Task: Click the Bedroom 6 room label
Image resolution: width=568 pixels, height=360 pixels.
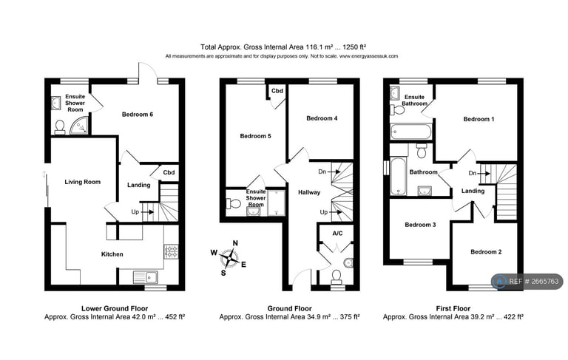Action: (x=137, y=114)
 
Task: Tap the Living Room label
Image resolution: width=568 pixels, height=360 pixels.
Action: (x=82, y=182)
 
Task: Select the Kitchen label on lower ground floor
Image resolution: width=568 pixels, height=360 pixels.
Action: (x=112, y=254)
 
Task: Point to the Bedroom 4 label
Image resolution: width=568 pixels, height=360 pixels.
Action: (x=322, y=118)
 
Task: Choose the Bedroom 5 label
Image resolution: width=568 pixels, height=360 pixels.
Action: (x=255, y=136)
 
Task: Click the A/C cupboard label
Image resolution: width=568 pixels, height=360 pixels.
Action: (x=337, y=234)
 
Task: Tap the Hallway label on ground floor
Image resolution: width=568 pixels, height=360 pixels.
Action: (x=308, y=192)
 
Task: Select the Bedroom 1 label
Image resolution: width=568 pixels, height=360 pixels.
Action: (x=477, y=119)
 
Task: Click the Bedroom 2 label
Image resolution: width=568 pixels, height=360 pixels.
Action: (x=486, y=252)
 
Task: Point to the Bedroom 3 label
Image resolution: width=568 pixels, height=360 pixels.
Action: (x=419, y=225)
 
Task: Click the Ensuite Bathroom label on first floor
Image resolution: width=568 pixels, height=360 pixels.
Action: (x=415, y=100)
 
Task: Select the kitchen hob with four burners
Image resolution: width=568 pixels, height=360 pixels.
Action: (x=171, y=252)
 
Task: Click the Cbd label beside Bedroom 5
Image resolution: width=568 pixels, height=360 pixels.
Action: (x=277, y=91)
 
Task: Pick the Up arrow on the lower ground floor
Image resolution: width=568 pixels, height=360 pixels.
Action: (x=141, y=212)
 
